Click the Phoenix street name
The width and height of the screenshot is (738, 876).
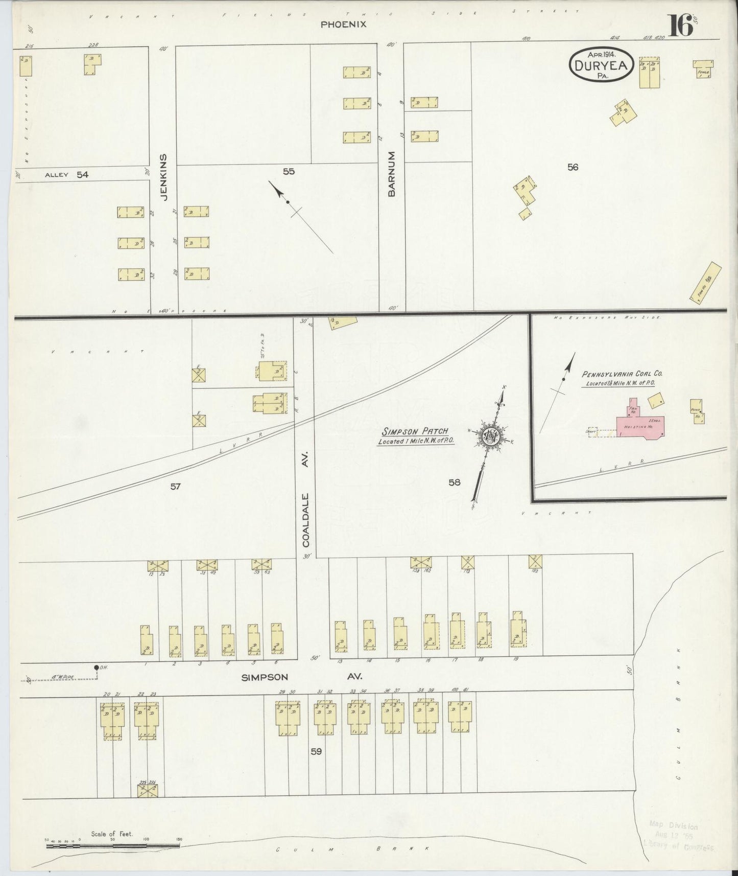(343, 24)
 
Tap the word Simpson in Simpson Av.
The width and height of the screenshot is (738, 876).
(265, 677)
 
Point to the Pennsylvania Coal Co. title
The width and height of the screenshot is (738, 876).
(622, 374)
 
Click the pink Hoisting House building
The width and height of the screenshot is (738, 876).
(642, 426)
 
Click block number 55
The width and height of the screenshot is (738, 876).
(289, 171)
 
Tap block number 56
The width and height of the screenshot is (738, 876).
(573, 167)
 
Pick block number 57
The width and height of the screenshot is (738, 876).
(175, 487)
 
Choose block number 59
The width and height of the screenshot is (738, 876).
(316, 751)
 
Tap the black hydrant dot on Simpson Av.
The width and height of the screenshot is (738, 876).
(96, 667)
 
